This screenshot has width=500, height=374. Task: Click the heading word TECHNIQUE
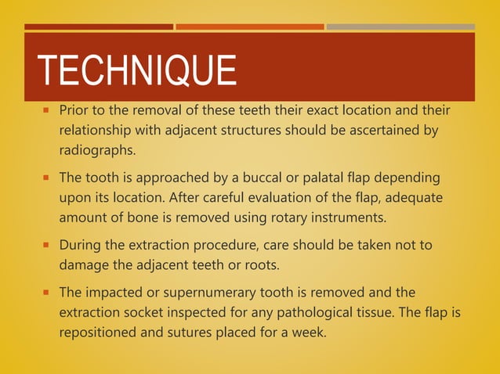point(137,71)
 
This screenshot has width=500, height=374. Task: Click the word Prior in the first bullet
point(75,109)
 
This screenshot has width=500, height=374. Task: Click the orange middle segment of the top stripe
point(249,27)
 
